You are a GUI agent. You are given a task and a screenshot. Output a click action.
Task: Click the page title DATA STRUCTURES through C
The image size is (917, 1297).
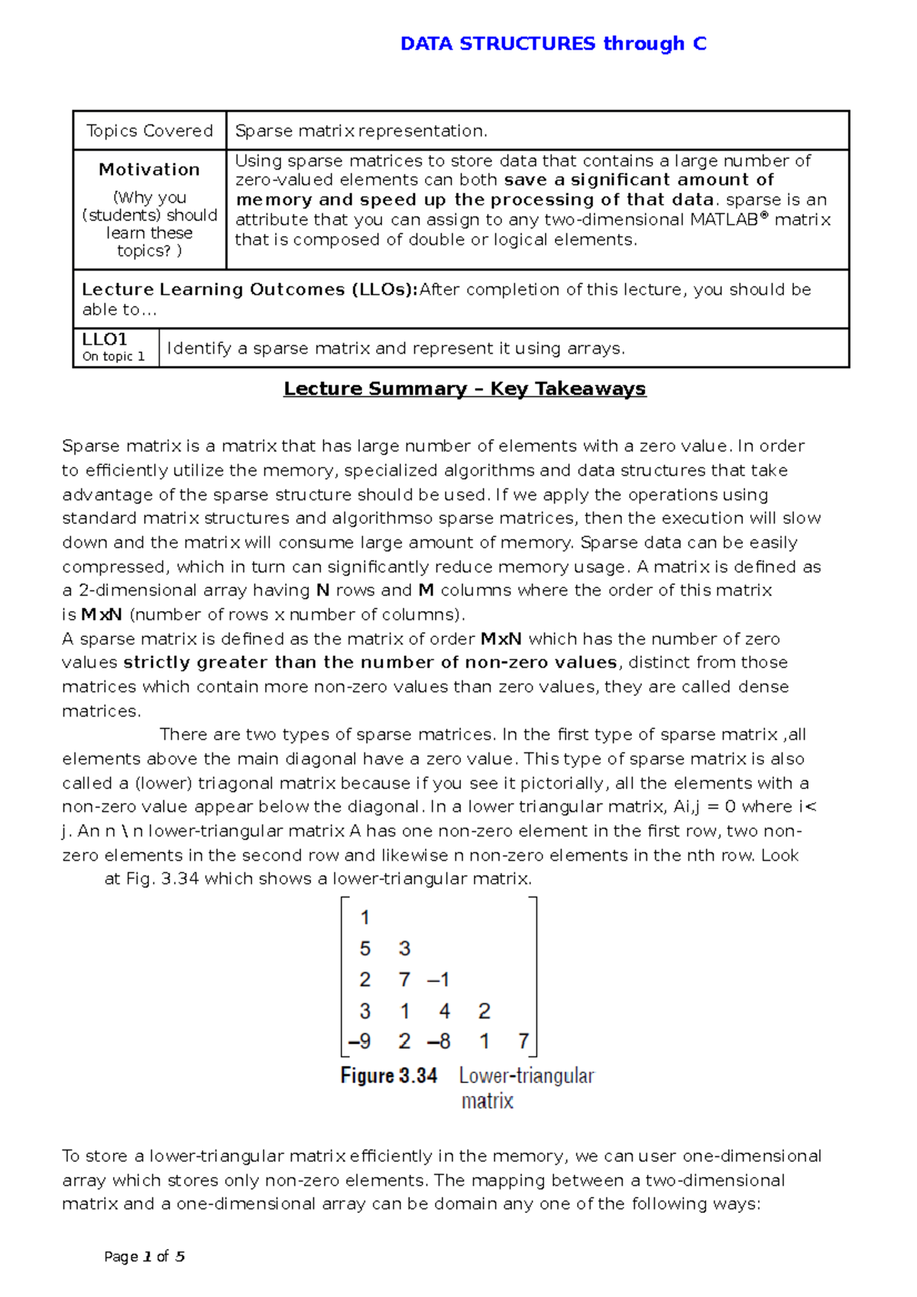553,44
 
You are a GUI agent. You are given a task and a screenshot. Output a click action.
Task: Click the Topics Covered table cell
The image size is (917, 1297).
150,131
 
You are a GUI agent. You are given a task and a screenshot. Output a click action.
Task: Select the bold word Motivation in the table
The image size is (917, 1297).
149,170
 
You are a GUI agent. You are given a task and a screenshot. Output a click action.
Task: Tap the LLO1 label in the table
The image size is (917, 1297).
105,339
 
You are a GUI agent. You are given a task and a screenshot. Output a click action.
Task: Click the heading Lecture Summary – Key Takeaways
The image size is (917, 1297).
465,389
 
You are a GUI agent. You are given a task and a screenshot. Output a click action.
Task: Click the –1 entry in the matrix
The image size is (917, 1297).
439,979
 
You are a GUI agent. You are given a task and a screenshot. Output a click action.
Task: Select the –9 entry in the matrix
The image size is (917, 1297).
359,1041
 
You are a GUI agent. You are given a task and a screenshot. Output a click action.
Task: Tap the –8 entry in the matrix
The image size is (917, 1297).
439,1041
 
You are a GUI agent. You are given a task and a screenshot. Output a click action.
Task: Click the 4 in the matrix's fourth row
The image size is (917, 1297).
445,1011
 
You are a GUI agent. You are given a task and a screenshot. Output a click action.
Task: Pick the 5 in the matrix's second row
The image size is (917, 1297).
365,949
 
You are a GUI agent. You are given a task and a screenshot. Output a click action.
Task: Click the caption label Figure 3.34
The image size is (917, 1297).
389,1075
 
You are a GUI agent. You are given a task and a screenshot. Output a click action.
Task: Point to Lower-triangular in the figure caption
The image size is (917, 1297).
527,1075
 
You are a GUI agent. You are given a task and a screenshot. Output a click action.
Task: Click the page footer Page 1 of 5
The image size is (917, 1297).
144,1257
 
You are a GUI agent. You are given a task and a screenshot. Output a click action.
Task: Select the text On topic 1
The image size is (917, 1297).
113,357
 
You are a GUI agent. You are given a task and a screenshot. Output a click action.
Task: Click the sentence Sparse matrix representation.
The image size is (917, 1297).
361,131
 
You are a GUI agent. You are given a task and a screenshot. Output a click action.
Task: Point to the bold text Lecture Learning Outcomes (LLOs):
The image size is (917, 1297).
250,289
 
